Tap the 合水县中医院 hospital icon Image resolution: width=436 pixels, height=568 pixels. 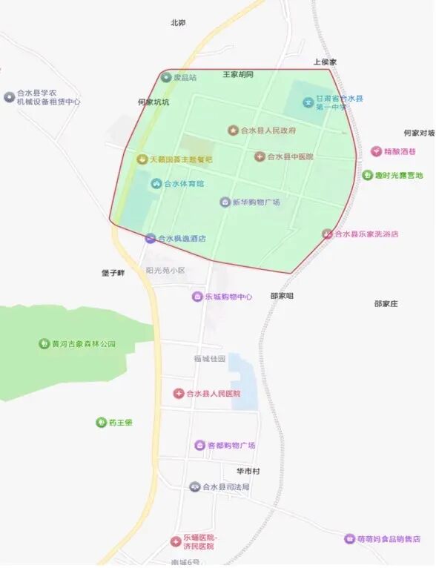[260, 156]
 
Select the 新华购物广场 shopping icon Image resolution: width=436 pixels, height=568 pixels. [225, 202]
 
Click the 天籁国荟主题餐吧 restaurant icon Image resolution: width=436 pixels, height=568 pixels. [142, 159]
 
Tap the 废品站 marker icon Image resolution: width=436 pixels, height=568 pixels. [166, 77]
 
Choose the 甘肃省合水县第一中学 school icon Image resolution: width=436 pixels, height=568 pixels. [308, 102]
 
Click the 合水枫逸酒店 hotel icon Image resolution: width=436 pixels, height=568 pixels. [151, 238]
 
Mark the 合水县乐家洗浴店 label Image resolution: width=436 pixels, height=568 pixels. [366, 234]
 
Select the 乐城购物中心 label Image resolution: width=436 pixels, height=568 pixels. [228, 297]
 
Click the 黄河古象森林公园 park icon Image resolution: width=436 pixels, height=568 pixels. [44, 343]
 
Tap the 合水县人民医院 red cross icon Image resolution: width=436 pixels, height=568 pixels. [178, 393]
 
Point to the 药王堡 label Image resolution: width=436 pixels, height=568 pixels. [120, 423]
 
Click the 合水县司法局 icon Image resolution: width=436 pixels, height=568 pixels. [195, 486]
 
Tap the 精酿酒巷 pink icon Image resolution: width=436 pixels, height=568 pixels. [376, 151]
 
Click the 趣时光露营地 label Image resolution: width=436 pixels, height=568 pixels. [398, 176]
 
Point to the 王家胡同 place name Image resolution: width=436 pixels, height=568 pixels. [238, 75]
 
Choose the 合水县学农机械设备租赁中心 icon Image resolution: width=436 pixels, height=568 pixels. [9, 96]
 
